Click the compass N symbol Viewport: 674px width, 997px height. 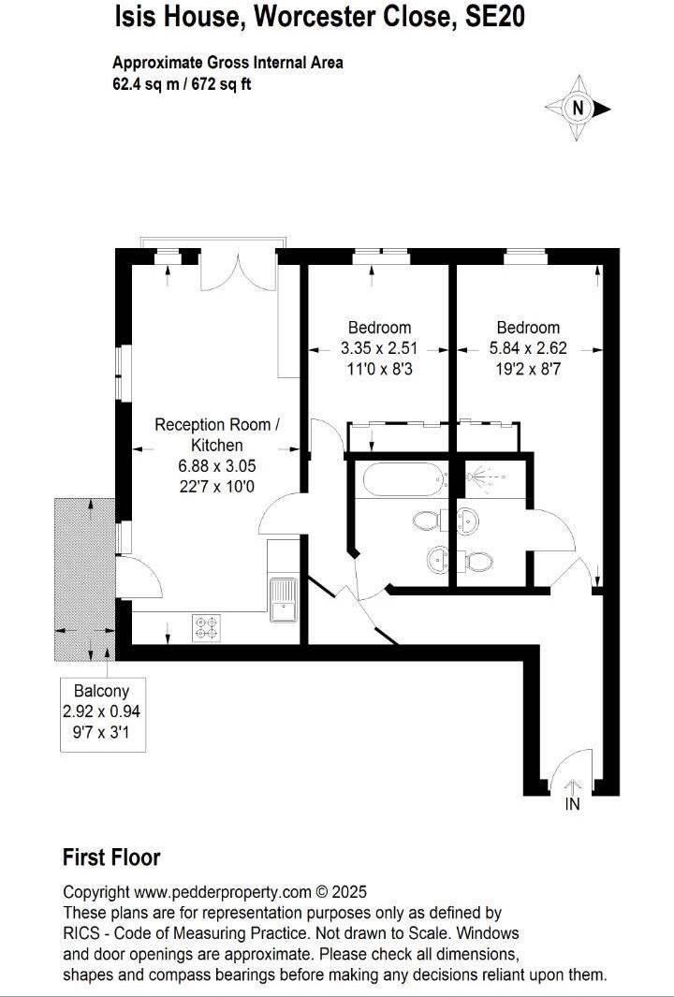pos(579,109)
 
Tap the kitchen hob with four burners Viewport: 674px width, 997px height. pos(206,627)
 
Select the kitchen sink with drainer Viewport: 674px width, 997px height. pos(282,599)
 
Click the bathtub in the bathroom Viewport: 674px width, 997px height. pos(401,478)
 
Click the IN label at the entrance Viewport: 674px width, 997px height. pos(572,803)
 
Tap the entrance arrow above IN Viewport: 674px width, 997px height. pos(572,787)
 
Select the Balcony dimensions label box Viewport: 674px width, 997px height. pos(101,712)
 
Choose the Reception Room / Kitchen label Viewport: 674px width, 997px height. pos(216,434)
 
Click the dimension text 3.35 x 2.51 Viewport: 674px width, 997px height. pos(379,346)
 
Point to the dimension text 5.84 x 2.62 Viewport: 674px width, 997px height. pos(528,346)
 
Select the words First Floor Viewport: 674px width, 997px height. pos(111,857)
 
